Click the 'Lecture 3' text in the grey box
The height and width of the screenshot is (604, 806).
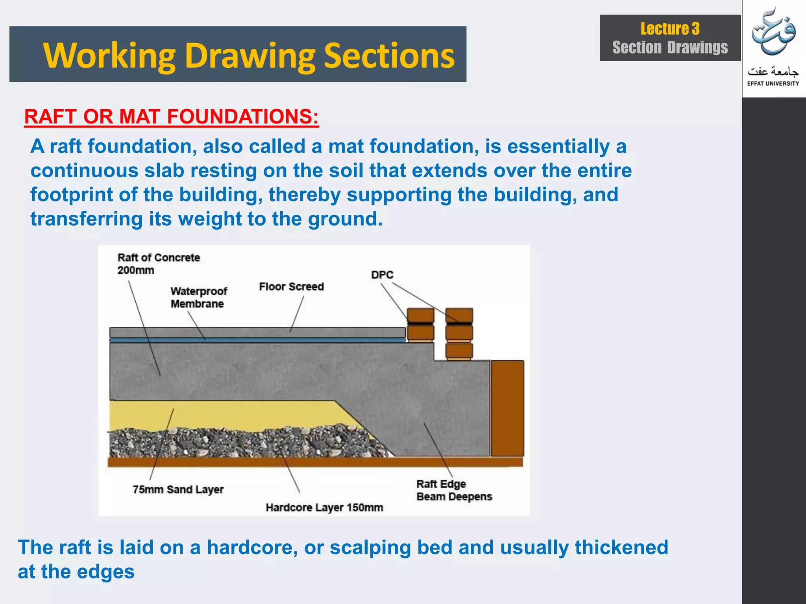[x=670, y=29]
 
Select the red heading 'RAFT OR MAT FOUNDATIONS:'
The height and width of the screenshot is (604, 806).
[x=171, y=117]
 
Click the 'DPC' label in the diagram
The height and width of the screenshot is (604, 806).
[x=382, y=275]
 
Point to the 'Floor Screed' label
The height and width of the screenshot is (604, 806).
[x=291, y=287]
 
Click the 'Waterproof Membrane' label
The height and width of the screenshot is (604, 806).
[x=198, y=298]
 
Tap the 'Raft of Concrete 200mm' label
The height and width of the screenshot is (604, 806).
[x=158, y=264]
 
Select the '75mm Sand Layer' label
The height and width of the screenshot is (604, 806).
[x=178, y=490]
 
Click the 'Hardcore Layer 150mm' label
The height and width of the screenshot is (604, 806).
[x=324, y=508]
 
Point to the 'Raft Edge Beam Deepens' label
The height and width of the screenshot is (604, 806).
[x=454, y=490]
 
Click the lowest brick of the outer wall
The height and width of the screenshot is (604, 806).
[x=459, y=350]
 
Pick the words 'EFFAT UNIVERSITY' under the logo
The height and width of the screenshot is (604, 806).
[x=773, y=83]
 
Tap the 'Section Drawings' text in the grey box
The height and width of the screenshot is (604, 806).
[x=670, y=48]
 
